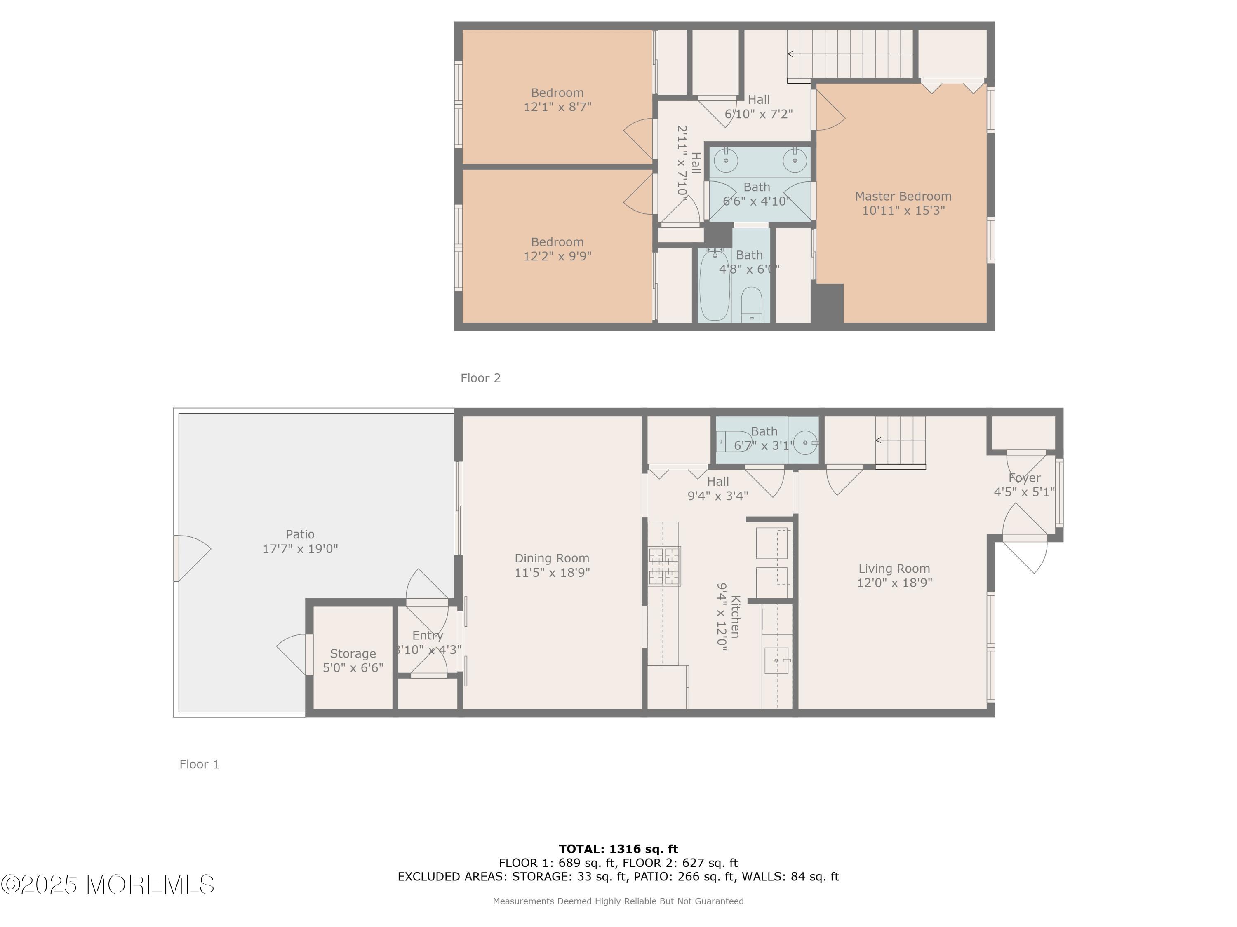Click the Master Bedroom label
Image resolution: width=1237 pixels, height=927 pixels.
(x=903, y=196)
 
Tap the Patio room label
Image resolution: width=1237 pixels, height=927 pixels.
(x=300, y=534)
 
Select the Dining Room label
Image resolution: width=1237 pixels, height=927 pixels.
(x=552, y=558)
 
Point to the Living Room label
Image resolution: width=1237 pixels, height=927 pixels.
(x=894, y=569)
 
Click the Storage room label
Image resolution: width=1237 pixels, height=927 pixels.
(x=353, y=654)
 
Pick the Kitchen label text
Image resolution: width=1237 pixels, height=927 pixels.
(x=735, y=617)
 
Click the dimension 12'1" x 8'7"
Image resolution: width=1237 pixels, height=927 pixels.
(x=557, y=107)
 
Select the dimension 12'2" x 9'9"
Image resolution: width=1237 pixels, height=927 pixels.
(x=557, y=256)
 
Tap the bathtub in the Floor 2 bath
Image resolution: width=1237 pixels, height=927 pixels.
(x=715, y=286)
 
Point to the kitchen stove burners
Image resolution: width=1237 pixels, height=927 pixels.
(x=664, y=566)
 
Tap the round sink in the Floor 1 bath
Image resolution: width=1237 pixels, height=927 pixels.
(x=805, y=442)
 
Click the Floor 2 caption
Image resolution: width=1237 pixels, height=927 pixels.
(x=480, y=378)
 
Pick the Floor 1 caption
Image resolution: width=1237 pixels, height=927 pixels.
(x=199, y=764)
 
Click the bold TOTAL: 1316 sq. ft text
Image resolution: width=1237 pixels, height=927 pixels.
(x=618, y=849)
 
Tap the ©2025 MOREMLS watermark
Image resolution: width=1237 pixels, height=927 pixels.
(x=107, y=885)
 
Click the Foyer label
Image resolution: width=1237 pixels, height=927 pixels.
(x=1025, y=478)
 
